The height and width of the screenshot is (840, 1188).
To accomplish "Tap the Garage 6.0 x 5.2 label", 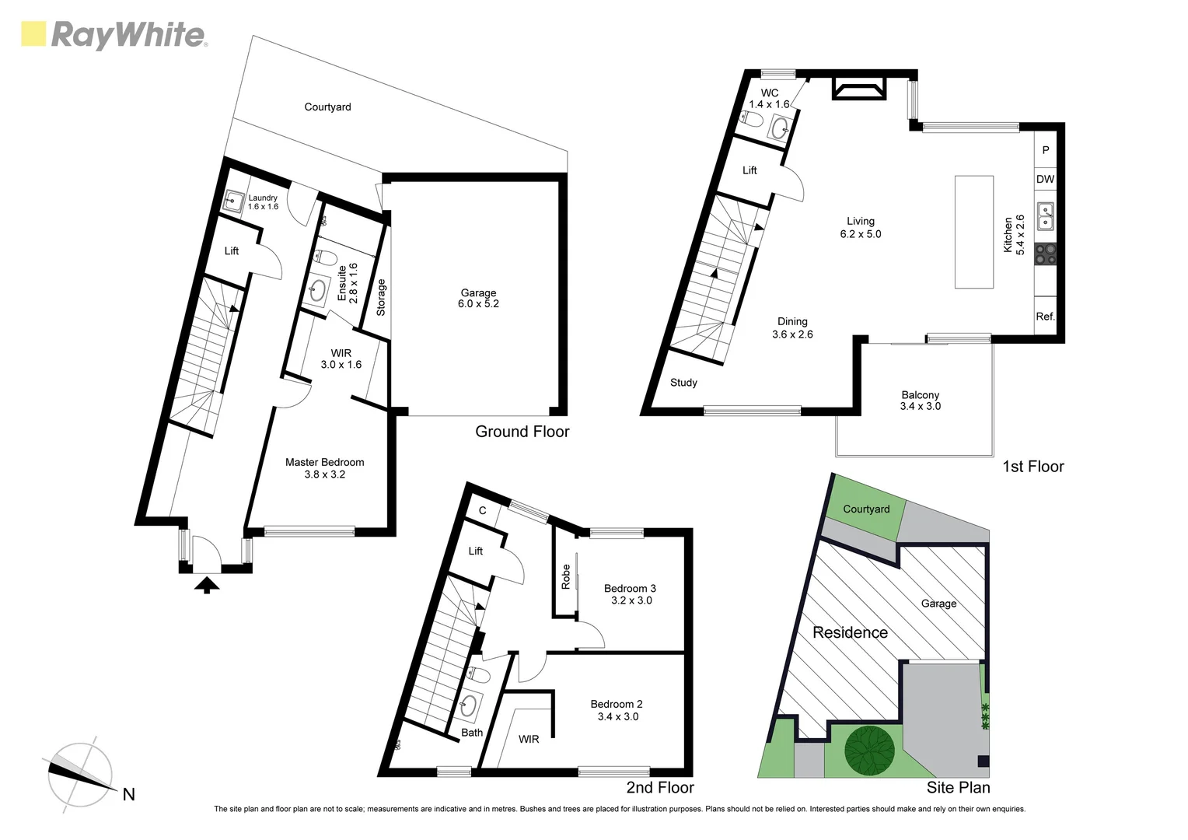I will point(478,299).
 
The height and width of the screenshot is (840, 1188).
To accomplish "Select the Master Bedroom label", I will point(324,467).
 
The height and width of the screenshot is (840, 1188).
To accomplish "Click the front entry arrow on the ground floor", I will point(206,585).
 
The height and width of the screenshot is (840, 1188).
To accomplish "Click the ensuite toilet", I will point(325,257).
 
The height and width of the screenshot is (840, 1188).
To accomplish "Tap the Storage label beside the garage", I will point(381,297).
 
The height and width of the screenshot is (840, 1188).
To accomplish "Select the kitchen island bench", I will point(973,232).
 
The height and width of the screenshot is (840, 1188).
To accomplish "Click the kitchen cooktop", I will point(1045,254).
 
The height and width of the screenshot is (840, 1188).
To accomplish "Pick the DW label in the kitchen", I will point(1045,179).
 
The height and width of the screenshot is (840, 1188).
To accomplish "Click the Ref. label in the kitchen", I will point(1045,317).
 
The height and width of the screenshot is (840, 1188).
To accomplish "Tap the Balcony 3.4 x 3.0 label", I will point(920,401).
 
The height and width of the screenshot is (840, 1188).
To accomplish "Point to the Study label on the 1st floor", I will point(683,383).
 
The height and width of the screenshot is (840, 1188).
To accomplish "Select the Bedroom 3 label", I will point(631,594).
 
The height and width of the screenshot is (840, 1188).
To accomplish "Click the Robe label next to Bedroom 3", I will point(566,576).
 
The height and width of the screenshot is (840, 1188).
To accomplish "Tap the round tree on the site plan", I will point(869,751).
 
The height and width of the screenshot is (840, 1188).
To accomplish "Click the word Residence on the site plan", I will point(850,632).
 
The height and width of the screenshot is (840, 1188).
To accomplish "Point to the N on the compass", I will point(129,794).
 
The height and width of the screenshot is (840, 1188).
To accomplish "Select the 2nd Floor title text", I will point(660,787).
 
